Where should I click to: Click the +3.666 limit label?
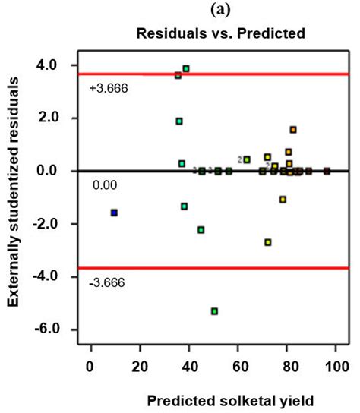pyautogui.click(x=109, y=87)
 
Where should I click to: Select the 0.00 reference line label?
pyautogui.click(x=104, y=184)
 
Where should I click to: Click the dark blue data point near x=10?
pyautogui.click(x=114, y=213)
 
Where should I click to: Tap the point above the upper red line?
pyautogui.click(x=186, y=68)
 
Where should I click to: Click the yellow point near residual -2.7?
pyautogui.click(x=268, y=242)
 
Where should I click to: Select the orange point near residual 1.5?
pyautogui.click(x=293, y=129)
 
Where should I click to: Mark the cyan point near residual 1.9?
pyautogui.click(x=179, y=121)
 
